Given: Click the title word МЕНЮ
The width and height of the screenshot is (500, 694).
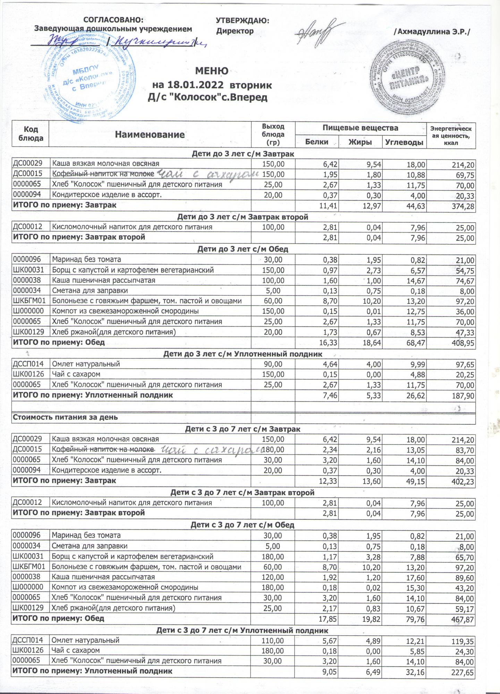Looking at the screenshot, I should click(212, 71).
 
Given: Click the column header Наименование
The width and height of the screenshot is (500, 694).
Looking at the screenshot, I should click(150, 135).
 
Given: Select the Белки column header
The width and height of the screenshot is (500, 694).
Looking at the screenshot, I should click(317, 142).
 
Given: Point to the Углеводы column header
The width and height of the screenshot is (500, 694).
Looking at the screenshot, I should click(405, 142).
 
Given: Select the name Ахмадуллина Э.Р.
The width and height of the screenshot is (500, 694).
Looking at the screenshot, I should click(434, 32).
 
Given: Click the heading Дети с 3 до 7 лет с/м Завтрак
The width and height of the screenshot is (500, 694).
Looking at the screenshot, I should click(243, 429).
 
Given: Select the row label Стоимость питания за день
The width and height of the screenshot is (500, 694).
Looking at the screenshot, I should click(65, 417).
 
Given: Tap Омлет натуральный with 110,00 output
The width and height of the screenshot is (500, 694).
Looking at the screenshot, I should click(85, 640).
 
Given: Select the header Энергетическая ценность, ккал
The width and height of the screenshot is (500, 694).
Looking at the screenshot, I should click(451, 135).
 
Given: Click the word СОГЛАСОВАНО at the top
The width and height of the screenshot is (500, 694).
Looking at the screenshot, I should click(113, 20).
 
